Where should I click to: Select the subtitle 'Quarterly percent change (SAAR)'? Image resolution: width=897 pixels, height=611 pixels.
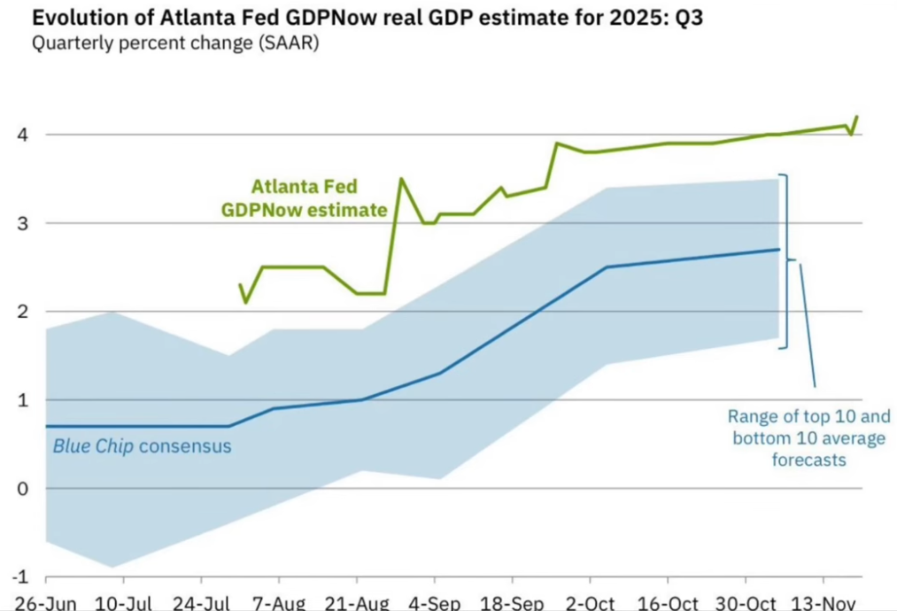coord(175,43)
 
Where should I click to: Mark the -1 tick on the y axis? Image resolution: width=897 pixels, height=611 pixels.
coord(17,577)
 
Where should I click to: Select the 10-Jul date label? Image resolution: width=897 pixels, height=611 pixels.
coord(121,603)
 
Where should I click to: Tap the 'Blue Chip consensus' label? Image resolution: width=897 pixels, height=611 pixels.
coord(142,446)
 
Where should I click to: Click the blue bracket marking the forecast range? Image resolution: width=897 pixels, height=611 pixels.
coord(785,261)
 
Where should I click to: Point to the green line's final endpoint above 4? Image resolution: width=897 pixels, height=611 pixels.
coord(856,117)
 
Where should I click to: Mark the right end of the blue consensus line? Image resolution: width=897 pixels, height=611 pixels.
coord(779,250)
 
